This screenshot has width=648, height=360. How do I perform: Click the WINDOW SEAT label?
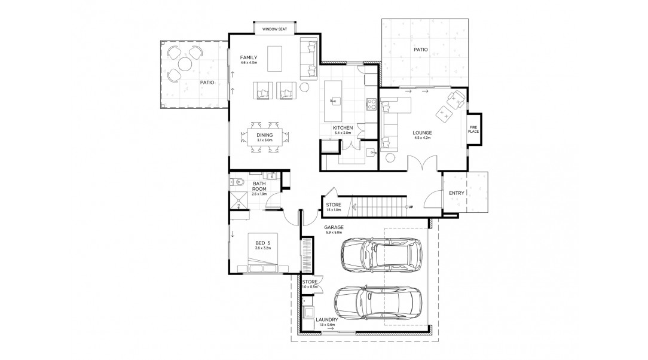[x=274, y=29]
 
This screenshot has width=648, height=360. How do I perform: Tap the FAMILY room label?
[x=248, y=57]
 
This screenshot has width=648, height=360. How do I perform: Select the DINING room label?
[x=265, y=135]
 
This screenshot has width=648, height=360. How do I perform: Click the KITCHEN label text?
[x=343, y=128]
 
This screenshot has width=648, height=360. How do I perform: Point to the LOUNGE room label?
[x=422, y=133]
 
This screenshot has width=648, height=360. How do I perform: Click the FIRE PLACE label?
[x=473, y=129]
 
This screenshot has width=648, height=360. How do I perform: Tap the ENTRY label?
[x=457, y=193]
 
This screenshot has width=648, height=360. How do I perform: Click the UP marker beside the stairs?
[x=410, y=207]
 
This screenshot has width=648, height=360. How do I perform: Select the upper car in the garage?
[x=380, y=254]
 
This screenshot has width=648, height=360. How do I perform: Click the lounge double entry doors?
[x=422, y=163]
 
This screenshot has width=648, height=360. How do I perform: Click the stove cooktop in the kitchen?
[x=370, y=106]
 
